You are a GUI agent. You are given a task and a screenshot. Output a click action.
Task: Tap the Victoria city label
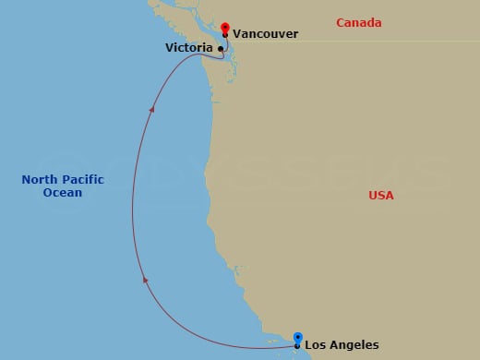pyautogui.click(x=189, y=47)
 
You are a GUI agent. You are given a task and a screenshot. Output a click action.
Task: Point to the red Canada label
pyautogui.click(x=358, y=21)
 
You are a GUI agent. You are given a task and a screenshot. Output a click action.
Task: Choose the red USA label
pyautogui.click(x=380, y=196)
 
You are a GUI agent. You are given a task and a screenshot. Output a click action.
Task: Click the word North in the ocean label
pyautogui.click(x=39, y=180)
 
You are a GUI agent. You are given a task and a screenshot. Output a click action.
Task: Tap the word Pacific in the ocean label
pyautogui.click(x=82, y=180)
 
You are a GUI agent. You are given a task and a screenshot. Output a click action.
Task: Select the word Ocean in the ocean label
pyautogui.click(x=62, y=193)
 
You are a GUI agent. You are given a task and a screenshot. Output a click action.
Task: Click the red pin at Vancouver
pyautogui.click(x=225, y=27)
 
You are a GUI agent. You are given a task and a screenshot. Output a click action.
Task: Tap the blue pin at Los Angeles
pyautogui.click(x=297, y=338)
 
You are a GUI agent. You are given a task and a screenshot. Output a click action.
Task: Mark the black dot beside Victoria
pyautogui.click(x=220, y=47)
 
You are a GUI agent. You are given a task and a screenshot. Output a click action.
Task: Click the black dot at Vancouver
pyautogui.click(x=225, y=35)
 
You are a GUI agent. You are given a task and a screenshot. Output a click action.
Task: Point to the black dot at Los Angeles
pyautogui.click(x=297, y=346)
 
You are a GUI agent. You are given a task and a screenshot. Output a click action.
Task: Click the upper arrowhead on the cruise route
pyautogui.click(x=152, y=108)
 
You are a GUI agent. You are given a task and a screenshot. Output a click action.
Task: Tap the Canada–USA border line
pyautogui.click(x=369, y=41)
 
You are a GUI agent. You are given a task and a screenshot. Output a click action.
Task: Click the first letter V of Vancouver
pyautogui.click(x=237, y=33)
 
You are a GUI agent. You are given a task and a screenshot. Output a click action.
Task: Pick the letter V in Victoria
pyautogui.click(x=170, y=47)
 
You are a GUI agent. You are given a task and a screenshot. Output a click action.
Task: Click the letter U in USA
pyautogui.click(x=372, y=196)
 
